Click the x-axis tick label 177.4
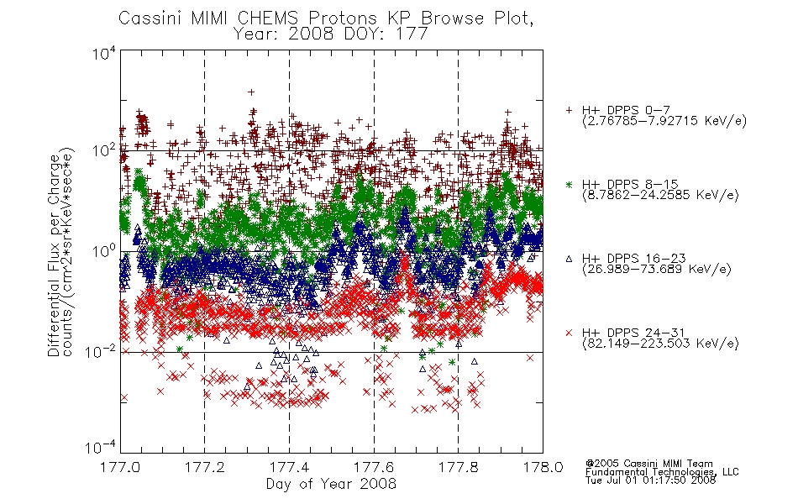[290, 467]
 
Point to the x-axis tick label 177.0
[120, 467]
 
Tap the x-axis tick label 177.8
[459, 467]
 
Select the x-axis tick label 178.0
[543, 467]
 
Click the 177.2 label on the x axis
[205, 467]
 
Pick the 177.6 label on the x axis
[374, 467]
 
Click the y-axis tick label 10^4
[104, 53]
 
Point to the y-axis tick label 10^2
[104, 150]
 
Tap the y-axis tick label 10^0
[104, 250]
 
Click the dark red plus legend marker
[569, 110]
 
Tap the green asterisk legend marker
[569, 184]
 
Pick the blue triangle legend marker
[569, 259]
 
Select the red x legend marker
[569, 333]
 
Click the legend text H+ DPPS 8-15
[630, 184]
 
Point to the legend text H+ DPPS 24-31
[633, 333]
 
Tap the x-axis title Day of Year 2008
[331, 484]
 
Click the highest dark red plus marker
[251, 92]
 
